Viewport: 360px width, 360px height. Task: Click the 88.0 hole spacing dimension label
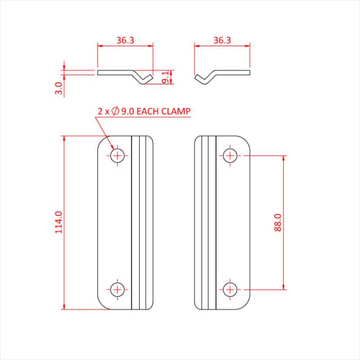click(x=278, y=223)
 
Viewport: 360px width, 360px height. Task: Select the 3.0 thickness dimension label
click(x=59, y=88)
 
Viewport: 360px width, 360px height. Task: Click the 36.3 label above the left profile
click(x=125, y=40)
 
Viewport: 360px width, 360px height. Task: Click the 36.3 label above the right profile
click(x=222, y=40)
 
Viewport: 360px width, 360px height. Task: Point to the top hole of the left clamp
click(x=118, y=155)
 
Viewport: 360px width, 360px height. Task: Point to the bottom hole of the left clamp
click(x=118, y=290)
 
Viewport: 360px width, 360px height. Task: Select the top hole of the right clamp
click(x=230, y=155)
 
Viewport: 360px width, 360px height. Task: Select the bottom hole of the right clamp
click(x=230, y=290)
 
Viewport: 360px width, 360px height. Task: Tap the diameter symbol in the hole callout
click(x=115, y=111)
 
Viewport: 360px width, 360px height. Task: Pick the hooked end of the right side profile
click(x=202, y=79)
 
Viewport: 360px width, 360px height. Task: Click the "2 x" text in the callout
click(x=103, y=111)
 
